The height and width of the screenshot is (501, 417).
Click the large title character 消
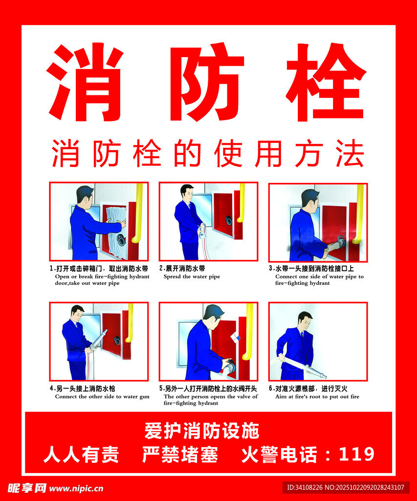[x=85, y=82]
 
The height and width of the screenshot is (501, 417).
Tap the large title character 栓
[x=326, y=82]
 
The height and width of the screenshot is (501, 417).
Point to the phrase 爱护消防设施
[x=202, y=431]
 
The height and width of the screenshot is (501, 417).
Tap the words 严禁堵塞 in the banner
[x=180, y=454]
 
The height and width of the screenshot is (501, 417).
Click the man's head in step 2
[x=187, y=193]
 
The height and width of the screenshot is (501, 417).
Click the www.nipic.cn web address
[x=76, y=489]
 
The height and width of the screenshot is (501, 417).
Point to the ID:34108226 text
[x=305, y=488]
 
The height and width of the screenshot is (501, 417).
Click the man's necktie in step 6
[x=302, y=336]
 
